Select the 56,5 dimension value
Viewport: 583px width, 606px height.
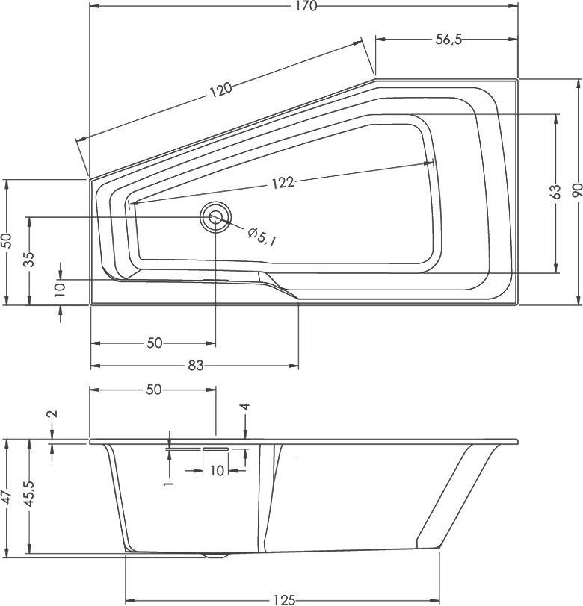448,40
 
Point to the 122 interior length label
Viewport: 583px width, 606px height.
283,182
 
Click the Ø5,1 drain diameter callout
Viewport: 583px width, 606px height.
262,237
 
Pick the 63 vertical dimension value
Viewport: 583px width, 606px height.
555,192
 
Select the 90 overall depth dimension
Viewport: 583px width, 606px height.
577,190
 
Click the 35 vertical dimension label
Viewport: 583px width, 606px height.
29,260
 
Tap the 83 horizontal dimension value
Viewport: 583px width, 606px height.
196,366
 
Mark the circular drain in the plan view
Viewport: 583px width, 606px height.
215,217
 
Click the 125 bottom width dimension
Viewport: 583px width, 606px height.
284,599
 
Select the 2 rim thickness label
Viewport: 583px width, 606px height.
52,413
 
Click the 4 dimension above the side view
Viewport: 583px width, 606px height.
244,407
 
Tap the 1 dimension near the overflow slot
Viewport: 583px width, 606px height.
168,483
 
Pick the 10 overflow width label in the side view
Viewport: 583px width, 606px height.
218,471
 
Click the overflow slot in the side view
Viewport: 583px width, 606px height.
215,449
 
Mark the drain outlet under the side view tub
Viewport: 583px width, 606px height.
215,555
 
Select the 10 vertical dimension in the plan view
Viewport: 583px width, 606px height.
60,287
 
